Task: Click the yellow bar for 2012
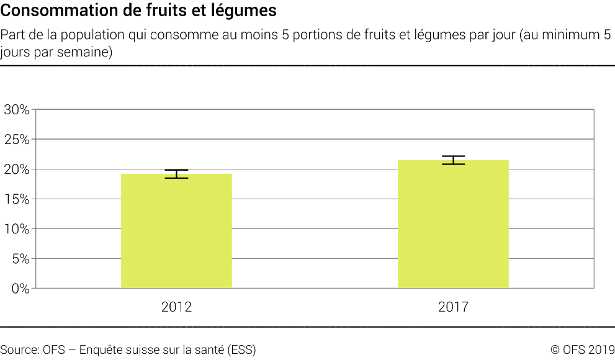[176, 231]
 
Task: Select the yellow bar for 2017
[453, 224]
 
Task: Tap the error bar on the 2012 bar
[176, 174]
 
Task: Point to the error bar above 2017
[453, 160]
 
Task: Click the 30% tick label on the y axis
[17, 110]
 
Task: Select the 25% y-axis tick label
[17, 140]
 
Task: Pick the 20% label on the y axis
[17, 169]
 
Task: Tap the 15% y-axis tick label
[17, 199]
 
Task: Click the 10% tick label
[17, 229]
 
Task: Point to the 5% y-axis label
[20, 259]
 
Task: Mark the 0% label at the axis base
[20, 289]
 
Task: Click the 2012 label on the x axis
[176, 307]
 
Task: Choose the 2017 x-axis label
[453, 307]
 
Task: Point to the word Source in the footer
[19, 349]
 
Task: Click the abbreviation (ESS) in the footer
[241, 349]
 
